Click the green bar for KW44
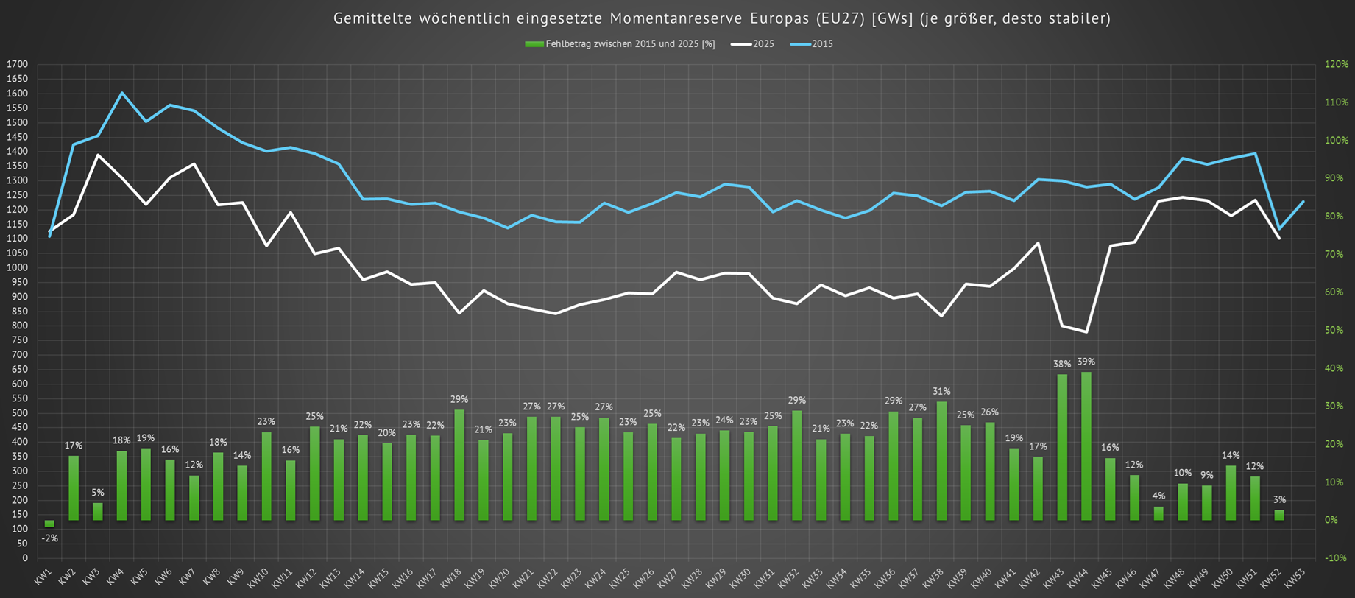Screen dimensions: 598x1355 (x=1086, y=446)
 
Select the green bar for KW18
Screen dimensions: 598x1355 (x=459, y=465)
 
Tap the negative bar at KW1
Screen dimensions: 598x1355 (x=49, y=524)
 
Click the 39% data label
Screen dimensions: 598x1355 (x=1086, y=362)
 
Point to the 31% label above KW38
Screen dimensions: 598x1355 (x=941, y=391)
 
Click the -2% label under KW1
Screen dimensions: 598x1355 (x=49, y=538)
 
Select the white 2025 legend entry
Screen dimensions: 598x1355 (x=753, y=44)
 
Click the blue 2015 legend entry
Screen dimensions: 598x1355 (x=813, y=44)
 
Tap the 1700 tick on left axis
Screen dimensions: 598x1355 (x=16, y=65)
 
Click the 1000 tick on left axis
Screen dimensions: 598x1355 (x=16, y=267)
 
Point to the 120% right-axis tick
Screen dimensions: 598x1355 (x=1337, y=64)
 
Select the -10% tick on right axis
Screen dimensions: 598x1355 (x=1337, y=558)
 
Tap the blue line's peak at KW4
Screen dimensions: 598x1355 (x=121, y=93)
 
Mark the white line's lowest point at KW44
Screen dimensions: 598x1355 (x=1086, y=332)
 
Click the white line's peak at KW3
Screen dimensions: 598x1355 (x=98, y=155)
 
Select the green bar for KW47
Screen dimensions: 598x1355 (x=1158, y=513)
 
